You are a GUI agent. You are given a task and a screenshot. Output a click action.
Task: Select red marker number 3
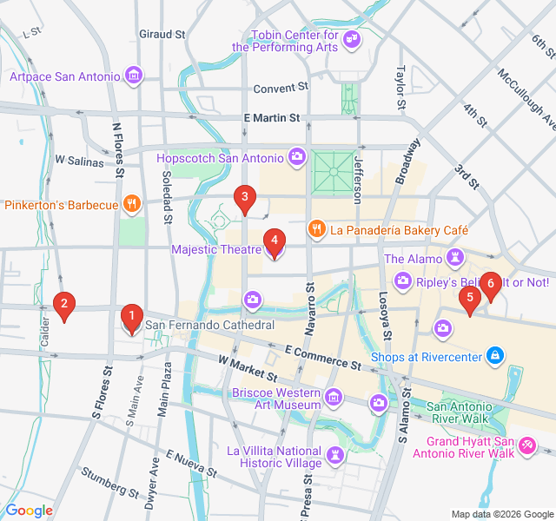pos(244,199)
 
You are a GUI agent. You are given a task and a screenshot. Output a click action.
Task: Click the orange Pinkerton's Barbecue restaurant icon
pos(131,205)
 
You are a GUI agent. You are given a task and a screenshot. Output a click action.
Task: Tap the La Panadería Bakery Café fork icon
pos(317,230)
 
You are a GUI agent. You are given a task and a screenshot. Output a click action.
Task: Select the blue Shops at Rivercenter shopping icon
pos(495,355)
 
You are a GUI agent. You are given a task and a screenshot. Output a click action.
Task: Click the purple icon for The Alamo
pos(453,258)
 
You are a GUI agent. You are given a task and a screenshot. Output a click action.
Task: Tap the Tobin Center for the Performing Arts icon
pos(352,39)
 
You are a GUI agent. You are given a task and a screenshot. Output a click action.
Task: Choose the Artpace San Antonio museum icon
pos(133,76)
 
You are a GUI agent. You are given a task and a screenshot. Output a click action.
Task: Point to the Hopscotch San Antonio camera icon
pos(297,157)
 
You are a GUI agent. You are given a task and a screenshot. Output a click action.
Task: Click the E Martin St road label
pos(271,118)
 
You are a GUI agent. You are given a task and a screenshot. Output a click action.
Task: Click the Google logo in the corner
pos(30,511)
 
